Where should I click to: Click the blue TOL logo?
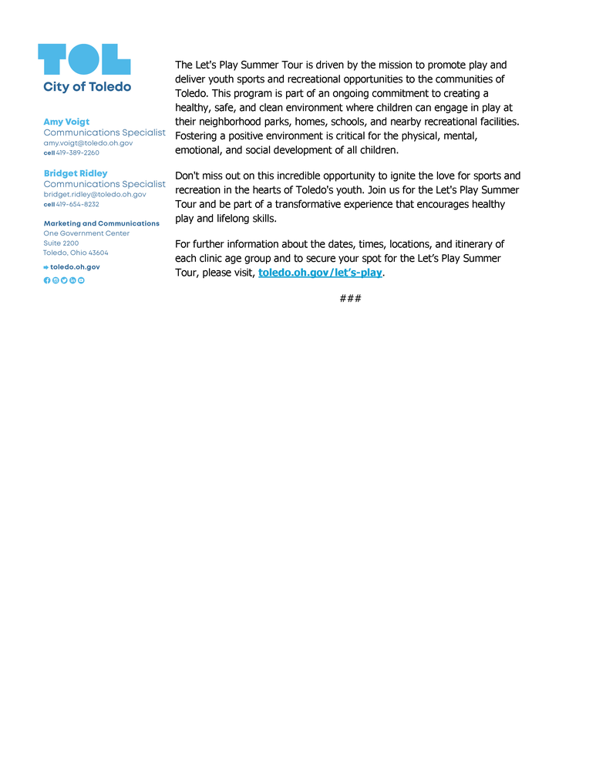[84, 59]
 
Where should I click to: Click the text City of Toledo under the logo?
[87, 87]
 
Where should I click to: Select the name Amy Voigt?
[66, 122]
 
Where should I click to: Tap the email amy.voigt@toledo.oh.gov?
[88, 143]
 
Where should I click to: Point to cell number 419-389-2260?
[77, 152]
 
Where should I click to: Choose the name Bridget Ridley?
[76, 173]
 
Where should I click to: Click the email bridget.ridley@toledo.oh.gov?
[95, 195]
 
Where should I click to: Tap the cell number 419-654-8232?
[77, 204]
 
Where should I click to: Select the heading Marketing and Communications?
[102, 223]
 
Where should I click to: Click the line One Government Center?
[86, 233]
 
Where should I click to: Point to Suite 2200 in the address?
[61, 243]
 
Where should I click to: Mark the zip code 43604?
[98, 253]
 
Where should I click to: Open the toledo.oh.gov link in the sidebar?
[75, 267]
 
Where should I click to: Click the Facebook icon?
[47, 280]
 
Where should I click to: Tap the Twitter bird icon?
[64, 280]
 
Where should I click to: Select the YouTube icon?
[81, 280]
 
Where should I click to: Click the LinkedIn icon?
[72, 280]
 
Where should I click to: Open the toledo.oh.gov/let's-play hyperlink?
[320, 273]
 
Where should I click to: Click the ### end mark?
[350, 298]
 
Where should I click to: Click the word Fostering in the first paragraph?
[199, 136]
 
